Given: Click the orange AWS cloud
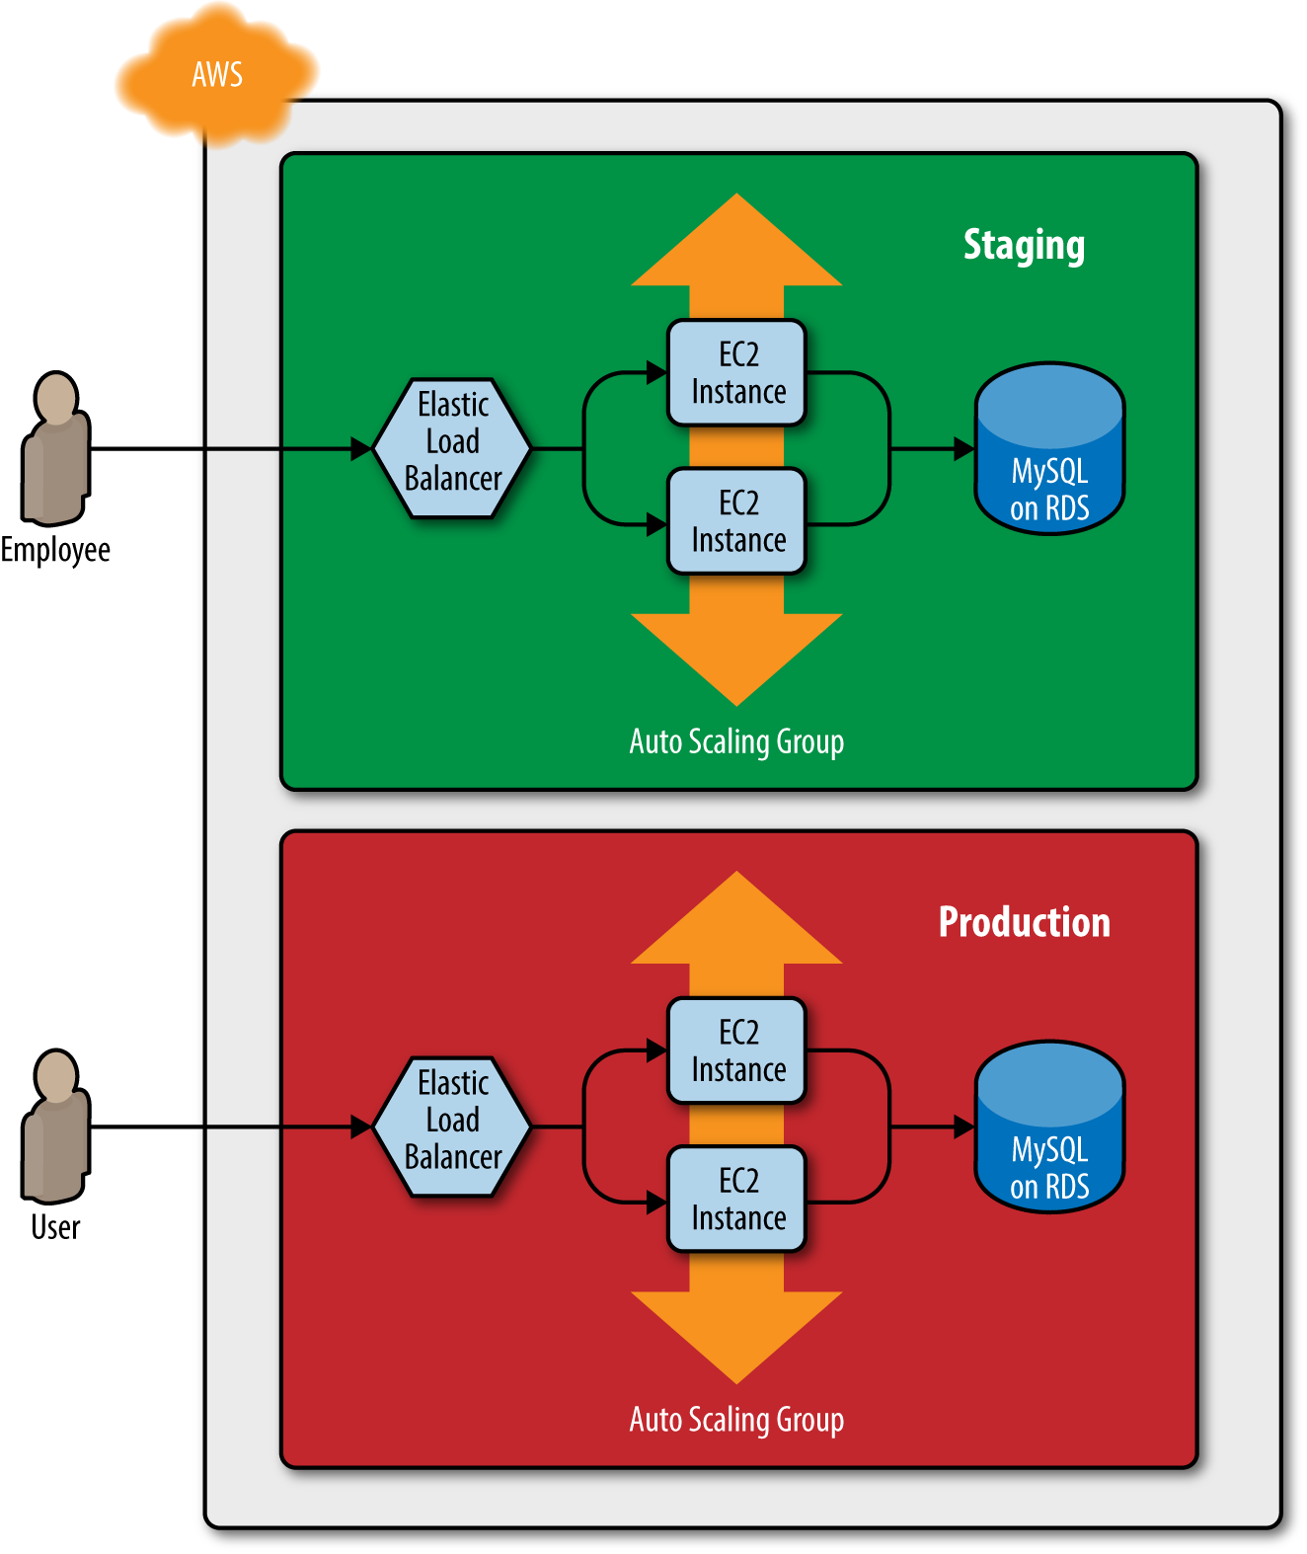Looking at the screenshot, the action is click(x=216, y=74).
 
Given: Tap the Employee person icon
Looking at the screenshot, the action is click(x=56, y=448).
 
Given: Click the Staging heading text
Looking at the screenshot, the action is click(x=1024, y=246).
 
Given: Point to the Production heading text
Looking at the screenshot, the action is click(x=1024, y=922).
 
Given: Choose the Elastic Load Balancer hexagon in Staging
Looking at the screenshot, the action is click(x=452, y=448).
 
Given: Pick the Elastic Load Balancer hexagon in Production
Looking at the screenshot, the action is click(x=452, y=1127).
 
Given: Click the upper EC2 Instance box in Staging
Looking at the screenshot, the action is click(x=736, y=373).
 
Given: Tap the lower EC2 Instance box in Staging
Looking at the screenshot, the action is click(x=736, y=521).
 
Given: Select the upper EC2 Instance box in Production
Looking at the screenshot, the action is click(x=736, y=1050).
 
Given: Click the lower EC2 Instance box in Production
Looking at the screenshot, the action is click(x=736, y=1199).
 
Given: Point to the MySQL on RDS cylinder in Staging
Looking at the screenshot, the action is click(x=1048, y=448).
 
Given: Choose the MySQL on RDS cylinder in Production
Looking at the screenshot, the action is click(x=1048, y=1127).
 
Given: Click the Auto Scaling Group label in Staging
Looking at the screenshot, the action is click(x=736, y=742).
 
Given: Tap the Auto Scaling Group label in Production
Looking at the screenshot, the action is click(x=736, y=1420).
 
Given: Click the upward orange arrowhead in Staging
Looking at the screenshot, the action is click(x=736, y=240).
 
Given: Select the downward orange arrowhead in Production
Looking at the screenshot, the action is click(x=736, y=1338).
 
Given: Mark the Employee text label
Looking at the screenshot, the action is click(x=55, y=551).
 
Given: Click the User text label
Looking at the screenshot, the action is click(x=55, y=1227).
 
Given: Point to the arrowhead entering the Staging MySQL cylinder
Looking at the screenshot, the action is click(x=963, y=449).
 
